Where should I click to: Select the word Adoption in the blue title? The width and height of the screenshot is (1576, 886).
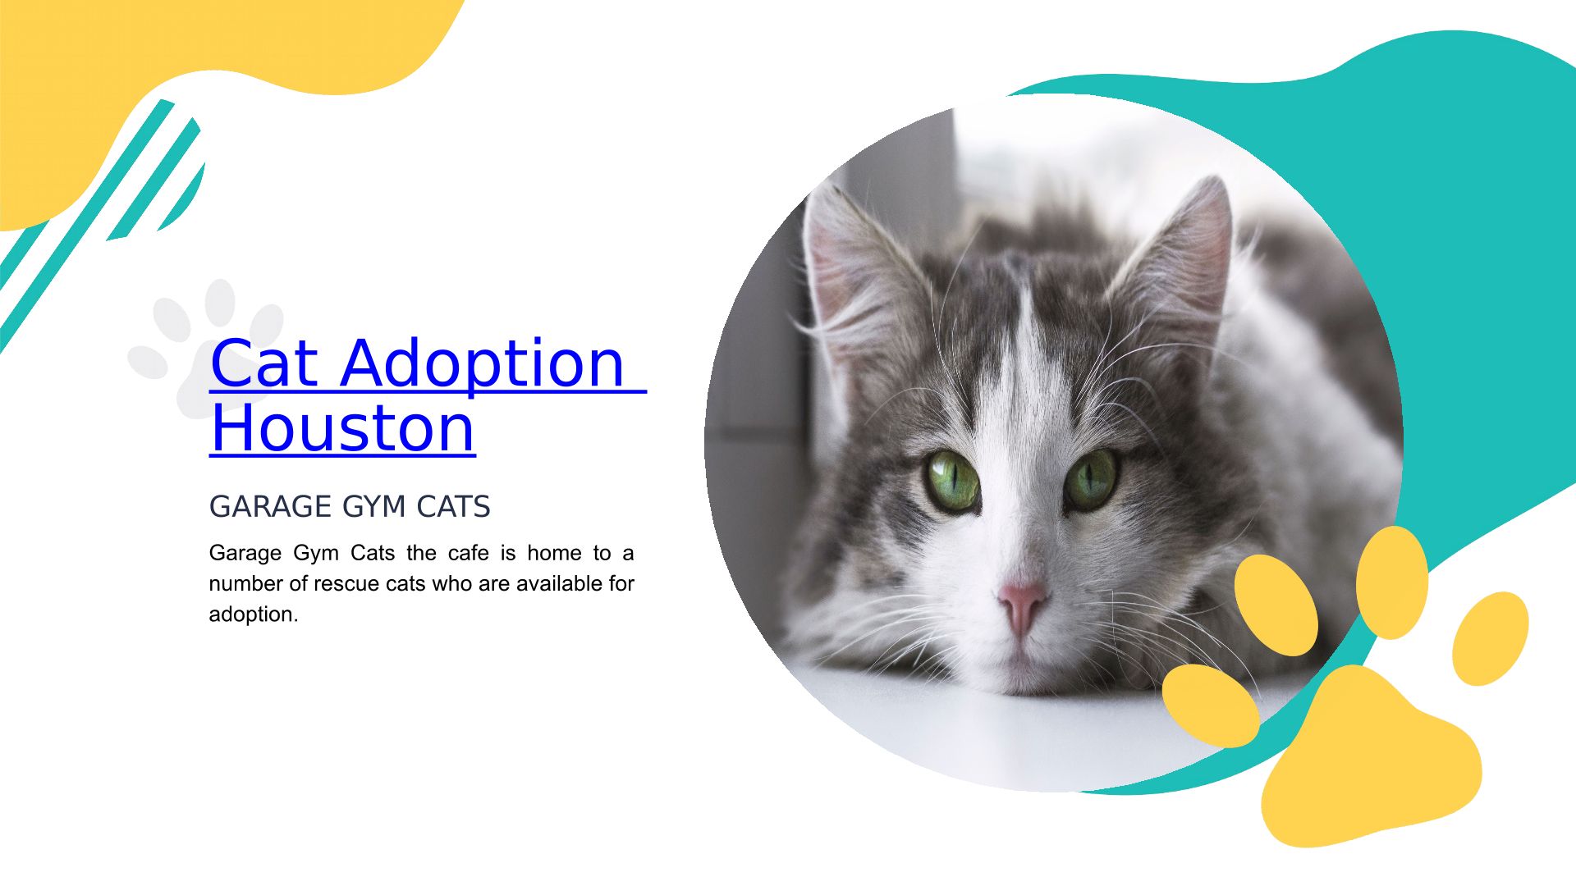pos(483,364)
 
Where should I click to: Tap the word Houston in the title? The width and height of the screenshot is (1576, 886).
pos(343,427)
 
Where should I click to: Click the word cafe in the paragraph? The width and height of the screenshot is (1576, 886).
pos(469,553)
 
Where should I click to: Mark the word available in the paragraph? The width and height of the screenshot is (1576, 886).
pos(559,583)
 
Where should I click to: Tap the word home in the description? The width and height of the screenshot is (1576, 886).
pos(554,553)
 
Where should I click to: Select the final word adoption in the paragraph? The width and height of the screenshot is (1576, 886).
pos(254,615)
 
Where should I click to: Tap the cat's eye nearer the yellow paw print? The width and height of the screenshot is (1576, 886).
pos(1091,480)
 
